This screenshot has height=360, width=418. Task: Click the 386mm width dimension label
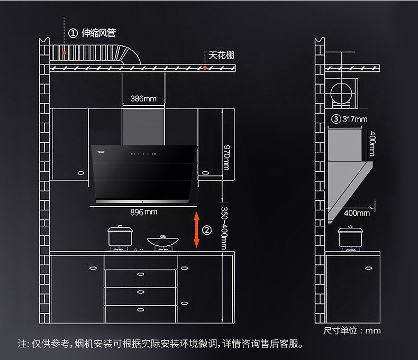[143, 98]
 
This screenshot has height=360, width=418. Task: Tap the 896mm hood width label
[143, 212]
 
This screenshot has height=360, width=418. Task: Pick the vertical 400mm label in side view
[371, 144]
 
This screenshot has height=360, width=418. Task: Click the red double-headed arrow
[196, 229]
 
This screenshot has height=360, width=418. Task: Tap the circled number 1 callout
[73, 33]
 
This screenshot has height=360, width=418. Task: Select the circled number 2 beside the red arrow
[207, 230]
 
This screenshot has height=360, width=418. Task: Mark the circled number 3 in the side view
[335, 119]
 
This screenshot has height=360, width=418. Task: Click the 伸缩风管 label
[98, 33]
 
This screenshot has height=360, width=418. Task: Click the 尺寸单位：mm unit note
[352, 330]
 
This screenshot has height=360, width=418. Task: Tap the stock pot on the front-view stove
[120, 236]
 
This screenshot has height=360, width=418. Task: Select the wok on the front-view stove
[161, 241]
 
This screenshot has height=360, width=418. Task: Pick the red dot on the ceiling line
[205, 68]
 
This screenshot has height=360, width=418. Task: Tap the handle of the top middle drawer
[141, 274]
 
